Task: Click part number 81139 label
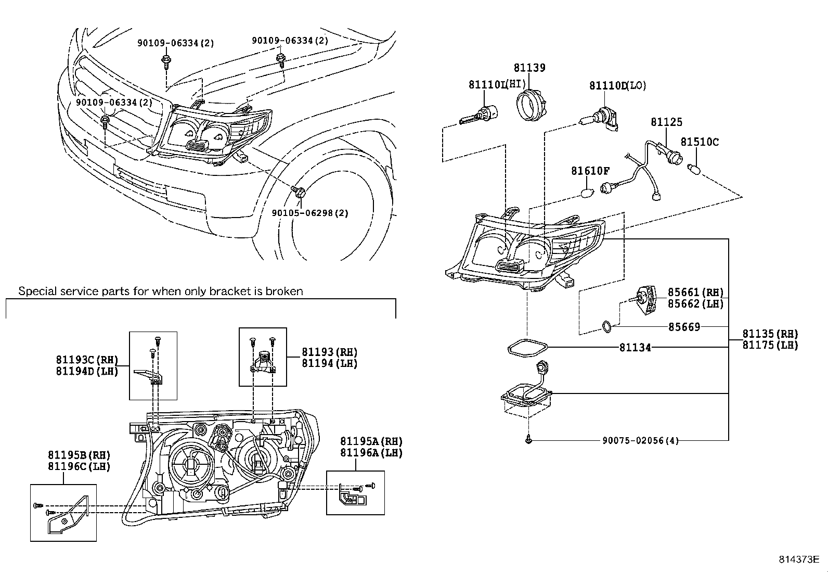[529, 68]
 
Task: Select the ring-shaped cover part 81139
[529, 104]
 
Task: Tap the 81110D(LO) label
[617, 86]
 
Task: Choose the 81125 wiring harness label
[666, 122]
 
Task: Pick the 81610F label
[590, 171]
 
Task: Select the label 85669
[684, 327]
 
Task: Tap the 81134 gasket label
[635, 347]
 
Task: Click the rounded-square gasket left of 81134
[527, 348]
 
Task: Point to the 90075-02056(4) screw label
[641, 441]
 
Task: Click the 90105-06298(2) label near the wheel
[310, 213]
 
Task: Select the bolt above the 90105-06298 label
[299, 192]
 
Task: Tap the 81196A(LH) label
[371, 453]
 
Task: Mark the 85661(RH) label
[695, 293]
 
